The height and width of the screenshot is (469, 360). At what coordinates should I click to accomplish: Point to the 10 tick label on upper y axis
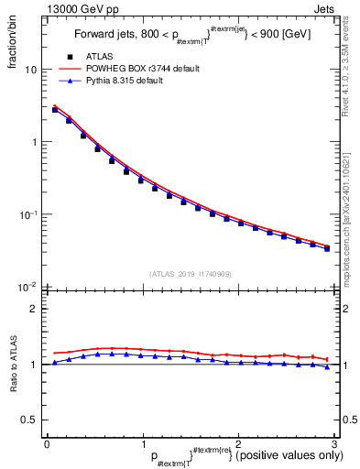pyautogui.click(x=30, y=71)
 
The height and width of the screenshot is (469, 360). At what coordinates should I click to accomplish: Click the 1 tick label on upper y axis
pyautogui.click(x=33, y=143)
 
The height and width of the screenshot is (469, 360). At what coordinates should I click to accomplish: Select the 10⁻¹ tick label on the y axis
pyautogui.click(x=28, y=214)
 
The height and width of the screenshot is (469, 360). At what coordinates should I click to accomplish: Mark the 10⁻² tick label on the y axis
pyautogui.click(x=28, y=287)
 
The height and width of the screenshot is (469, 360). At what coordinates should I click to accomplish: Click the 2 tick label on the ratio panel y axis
pyautogui.click(x=33, y=309)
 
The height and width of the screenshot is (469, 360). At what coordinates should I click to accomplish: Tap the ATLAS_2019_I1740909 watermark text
pyautogui.click(x=190, y=274)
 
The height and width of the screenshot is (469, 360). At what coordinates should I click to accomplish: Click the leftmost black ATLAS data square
pyautogui.click(x=55, y=110)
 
